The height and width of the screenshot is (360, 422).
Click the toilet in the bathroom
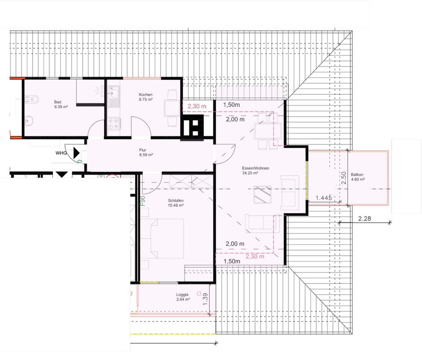point(31,99)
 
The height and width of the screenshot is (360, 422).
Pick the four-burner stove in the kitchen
point(114,124)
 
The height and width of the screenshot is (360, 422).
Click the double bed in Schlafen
point(167,238)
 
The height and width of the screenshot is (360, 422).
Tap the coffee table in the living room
point(263,195)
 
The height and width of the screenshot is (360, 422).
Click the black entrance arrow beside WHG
point(76,153)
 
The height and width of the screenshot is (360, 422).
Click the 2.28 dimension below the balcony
point(365,219)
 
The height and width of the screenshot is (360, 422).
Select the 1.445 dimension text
point(324,198)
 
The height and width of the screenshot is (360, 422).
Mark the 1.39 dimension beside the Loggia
point(205,299)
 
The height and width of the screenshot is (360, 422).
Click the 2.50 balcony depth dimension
point(344,178)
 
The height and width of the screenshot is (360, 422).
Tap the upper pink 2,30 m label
point(197,107)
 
